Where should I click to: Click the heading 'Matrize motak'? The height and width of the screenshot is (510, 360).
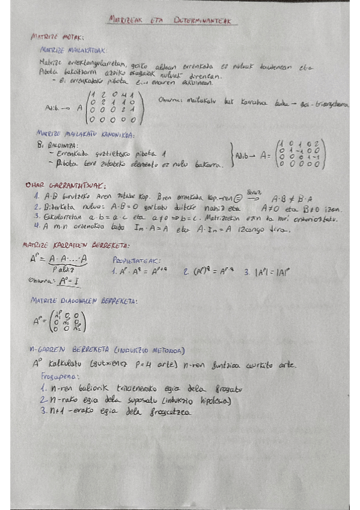57,37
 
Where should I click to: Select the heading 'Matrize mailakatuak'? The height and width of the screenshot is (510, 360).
72,51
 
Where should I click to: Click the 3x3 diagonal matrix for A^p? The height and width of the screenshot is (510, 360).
69,320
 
